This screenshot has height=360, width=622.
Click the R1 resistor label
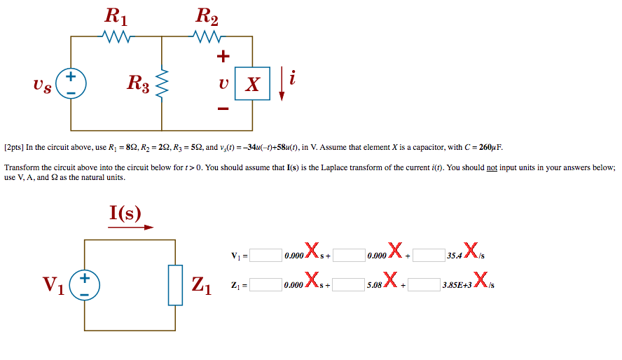116,15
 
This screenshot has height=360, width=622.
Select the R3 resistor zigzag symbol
163,85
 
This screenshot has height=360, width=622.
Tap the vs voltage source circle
71,83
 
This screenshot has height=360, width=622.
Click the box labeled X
252,84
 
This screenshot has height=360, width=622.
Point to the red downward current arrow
282,83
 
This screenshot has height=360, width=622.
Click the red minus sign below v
223,109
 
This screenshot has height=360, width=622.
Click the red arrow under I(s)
130,226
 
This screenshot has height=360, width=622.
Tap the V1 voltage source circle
85,285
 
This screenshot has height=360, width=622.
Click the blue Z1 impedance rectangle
175,285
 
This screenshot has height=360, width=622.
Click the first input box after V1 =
266,255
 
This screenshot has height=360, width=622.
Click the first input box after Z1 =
266,285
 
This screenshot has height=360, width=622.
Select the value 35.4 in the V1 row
454,256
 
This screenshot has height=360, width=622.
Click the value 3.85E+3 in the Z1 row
457,286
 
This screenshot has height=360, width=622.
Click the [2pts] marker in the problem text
14,148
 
